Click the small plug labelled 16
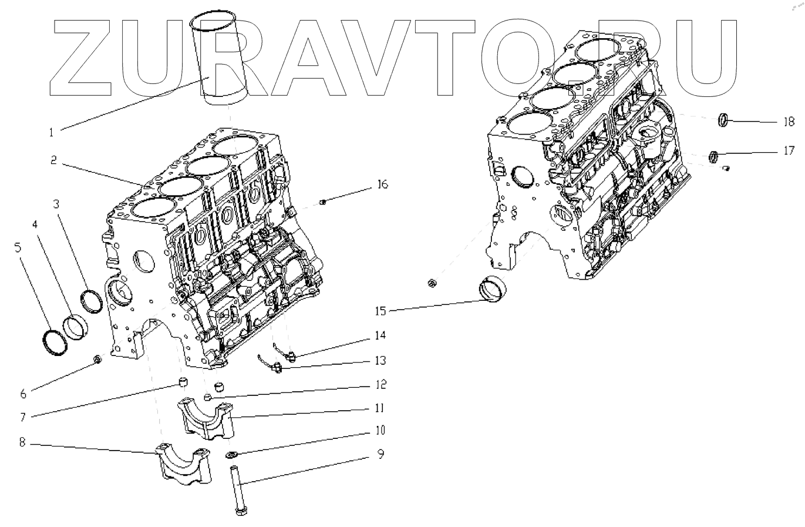point(322,203)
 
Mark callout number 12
point(380,384)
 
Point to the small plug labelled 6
point(98,358)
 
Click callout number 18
point(788,122)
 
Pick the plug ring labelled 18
point(725,120)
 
